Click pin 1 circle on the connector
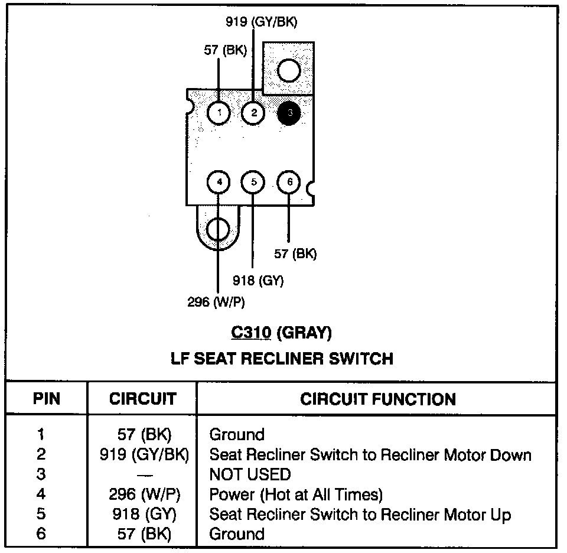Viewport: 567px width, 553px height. point(219,112)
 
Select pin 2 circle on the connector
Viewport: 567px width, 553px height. point(254,112)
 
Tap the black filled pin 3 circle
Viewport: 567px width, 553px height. point(289,112)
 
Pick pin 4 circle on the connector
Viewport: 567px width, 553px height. point(219,182)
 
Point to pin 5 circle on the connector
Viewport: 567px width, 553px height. point(254,182)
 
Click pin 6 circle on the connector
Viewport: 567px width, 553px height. point(289,182)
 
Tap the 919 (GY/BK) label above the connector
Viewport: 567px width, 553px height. point(262,22)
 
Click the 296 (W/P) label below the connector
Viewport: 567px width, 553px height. point(216,302)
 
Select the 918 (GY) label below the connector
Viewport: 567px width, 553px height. point(258,281)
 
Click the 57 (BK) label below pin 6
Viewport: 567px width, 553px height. point(295,254)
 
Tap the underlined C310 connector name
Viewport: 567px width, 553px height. point(251,333)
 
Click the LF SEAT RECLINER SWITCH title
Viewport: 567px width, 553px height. point(282,358)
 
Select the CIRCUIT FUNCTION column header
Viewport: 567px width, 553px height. point(378,399)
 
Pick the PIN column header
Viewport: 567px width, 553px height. point(47,399)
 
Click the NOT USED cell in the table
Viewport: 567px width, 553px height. point(250,474)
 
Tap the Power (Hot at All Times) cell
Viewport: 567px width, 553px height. point(296,495)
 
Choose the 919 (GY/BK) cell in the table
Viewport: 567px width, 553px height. point(144,455)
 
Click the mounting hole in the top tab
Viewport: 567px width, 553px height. point(289,71)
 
